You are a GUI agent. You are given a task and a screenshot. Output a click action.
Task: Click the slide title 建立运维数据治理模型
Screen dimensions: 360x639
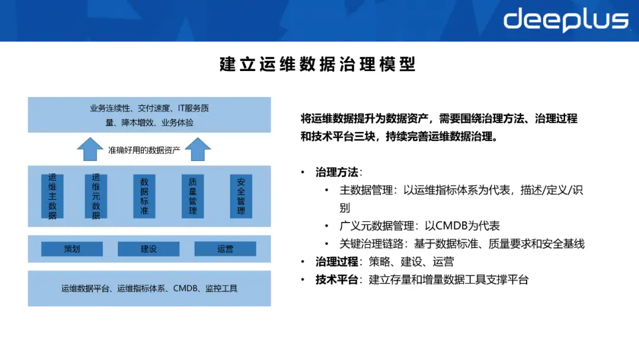(x=318, y=65)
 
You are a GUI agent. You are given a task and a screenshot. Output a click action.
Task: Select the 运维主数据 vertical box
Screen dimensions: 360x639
(x=52, y=196)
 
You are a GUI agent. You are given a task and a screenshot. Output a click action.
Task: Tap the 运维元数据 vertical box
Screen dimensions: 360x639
(x=96, y=196)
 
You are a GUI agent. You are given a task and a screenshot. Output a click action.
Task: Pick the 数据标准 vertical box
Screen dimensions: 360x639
(x=144, y=196)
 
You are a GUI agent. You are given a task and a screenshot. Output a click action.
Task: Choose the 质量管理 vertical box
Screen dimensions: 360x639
(x=192, y=196)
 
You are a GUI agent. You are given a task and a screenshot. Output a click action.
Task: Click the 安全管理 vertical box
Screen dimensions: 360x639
(x=241, y=196)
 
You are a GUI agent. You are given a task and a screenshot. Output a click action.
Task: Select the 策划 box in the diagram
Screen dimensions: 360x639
(x=72, y=249)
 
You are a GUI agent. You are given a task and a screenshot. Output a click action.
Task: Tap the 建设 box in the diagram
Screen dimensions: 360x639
(x=149, y=249)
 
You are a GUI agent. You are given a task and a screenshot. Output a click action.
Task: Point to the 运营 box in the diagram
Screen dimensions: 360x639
(x=225, y=249)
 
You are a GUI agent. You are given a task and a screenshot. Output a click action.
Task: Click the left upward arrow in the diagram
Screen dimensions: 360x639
(x=91, y=149)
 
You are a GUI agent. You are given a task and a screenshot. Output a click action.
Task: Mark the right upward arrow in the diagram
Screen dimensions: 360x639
(x=198, y=149)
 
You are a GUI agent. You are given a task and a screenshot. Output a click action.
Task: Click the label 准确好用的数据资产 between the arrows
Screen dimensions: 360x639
(x=144, y=150)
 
